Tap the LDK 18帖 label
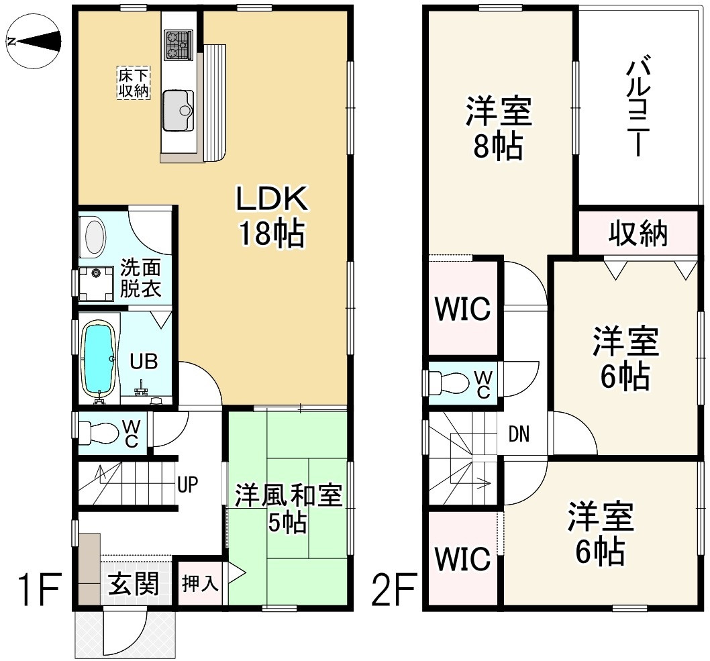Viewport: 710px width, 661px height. pyautogui.click(x=272, y=216)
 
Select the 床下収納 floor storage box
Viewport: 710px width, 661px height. pyautogui.click(x=134, y=83)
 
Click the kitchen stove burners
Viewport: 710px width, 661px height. pyautogui.click(x=179, y=45)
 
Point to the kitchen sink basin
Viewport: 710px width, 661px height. pyautogui.click(x=178, y=110)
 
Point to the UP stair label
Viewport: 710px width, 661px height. pyautogui.click(x=187, y=485)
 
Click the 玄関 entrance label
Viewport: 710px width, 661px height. pyautogui.click(x=134, y=584)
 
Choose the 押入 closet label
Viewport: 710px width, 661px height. pyautogui.click(x=200, y=584)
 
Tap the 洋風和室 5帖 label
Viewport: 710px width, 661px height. pyautogui.click(x=288, y=509)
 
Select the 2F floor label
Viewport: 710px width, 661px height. pyautogui.click(x=393, y=589)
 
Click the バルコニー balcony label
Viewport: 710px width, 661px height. pyautogui.click(x=638, y=105)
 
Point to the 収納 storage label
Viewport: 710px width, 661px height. pyautogui.click(x=638, y=234)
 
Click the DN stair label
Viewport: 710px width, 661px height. pyautogui.click(x=519, y=434)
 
